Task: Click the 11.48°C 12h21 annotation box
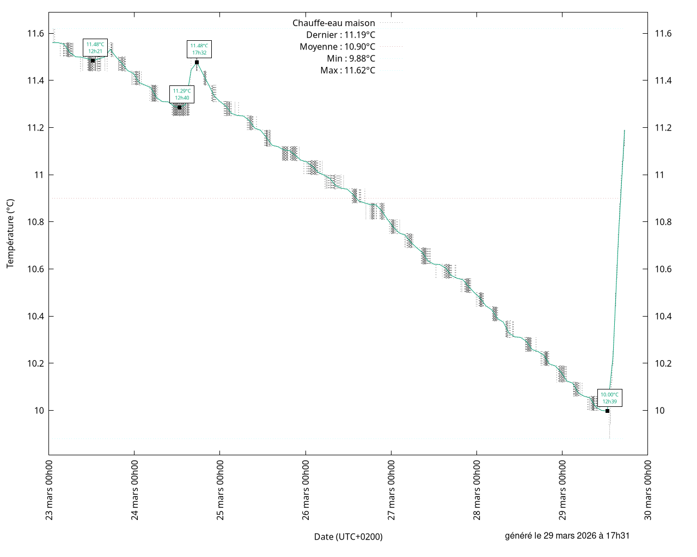pos(95,47)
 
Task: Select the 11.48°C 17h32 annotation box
pos(199,49)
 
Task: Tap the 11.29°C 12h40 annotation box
pos(182,94)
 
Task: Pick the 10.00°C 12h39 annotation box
pos(609,398)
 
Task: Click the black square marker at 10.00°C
pos(607,411)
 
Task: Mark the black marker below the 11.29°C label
pos(180,108)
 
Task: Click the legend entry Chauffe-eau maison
pos(334,23)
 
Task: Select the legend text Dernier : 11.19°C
pos(341,35)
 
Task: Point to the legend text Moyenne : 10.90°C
pos(337,47)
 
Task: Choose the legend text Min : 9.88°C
pos(351,59)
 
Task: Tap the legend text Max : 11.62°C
pos(347,70)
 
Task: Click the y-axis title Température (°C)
pos(10,233)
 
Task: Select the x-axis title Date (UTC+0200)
pos(348,537)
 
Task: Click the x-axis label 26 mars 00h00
pos(305,490)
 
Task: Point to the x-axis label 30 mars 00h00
pos(647,490)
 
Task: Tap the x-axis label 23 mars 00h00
pos(49,490)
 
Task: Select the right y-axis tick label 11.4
pos(663,81)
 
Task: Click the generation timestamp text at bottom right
pos(567,536)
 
